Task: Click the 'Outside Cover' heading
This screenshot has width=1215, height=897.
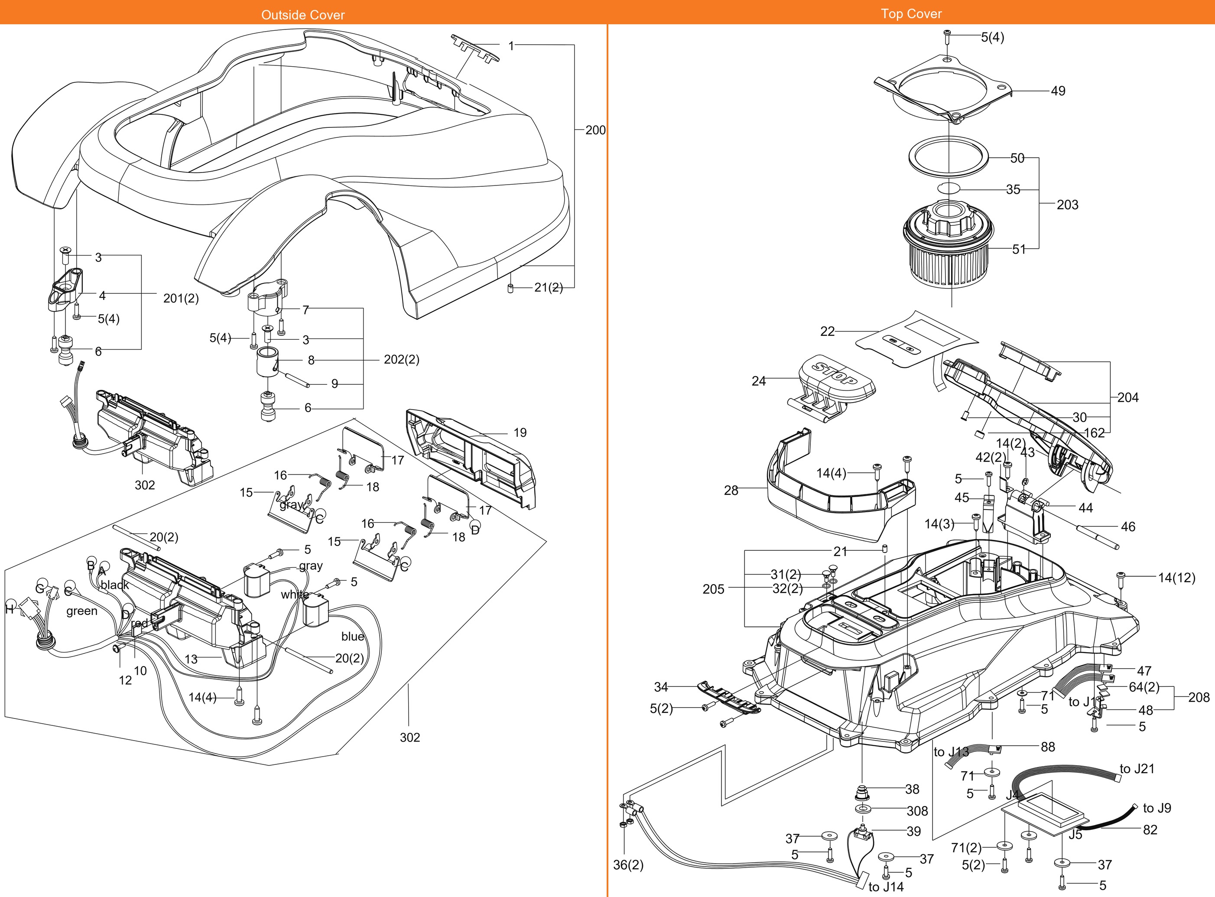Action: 303,15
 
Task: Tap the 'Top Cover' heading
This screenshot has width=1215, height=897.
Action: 911,13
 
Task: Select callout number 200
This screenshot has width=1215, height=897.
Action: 595,130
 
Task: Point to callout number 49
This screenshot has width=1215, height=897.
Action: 1058,91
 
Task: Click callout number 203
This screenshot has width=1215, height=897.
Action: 1067,205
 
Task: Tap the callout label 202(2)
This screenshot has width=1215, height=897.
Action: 401,360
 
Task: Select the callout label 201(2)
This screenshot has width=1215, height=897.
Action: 181,298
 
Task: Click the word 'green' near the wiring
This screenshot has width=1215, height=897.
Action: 82,611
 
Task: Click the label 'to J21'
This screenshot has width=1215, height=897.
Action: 1137,768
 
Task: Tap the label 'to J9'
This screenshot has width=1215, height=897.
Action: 1157,808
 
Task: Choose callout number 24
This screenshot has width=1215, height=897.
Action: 758,381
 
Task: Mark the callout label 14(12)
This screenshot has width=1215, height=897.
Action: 1176,577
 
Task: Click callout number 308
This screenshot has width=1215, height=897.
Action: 917,811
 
